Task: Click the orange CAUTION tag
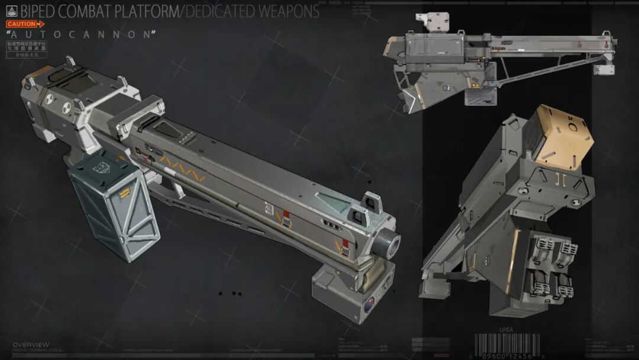pos(24,24)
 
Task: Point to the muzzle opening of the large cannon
pos(390,242)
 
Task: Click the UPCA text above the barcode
pos(506,330)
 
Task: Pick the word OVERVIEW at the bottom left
pos(31,345)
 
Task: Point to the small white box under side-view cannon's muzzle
pos(605,69)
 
